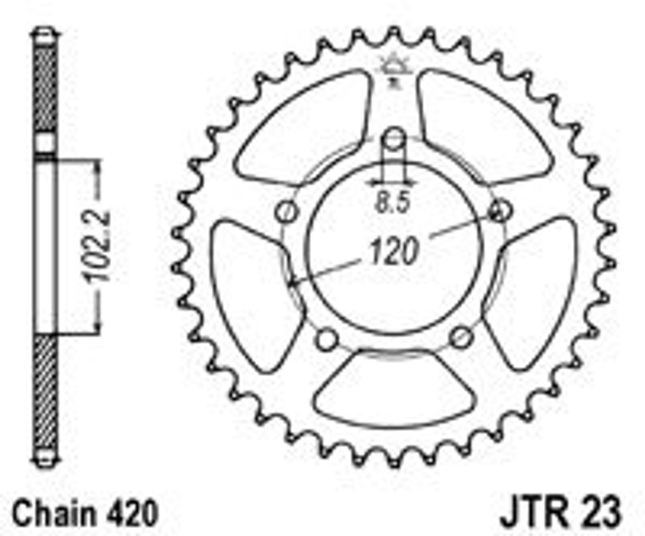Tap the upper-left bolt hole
coord(287,211)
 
